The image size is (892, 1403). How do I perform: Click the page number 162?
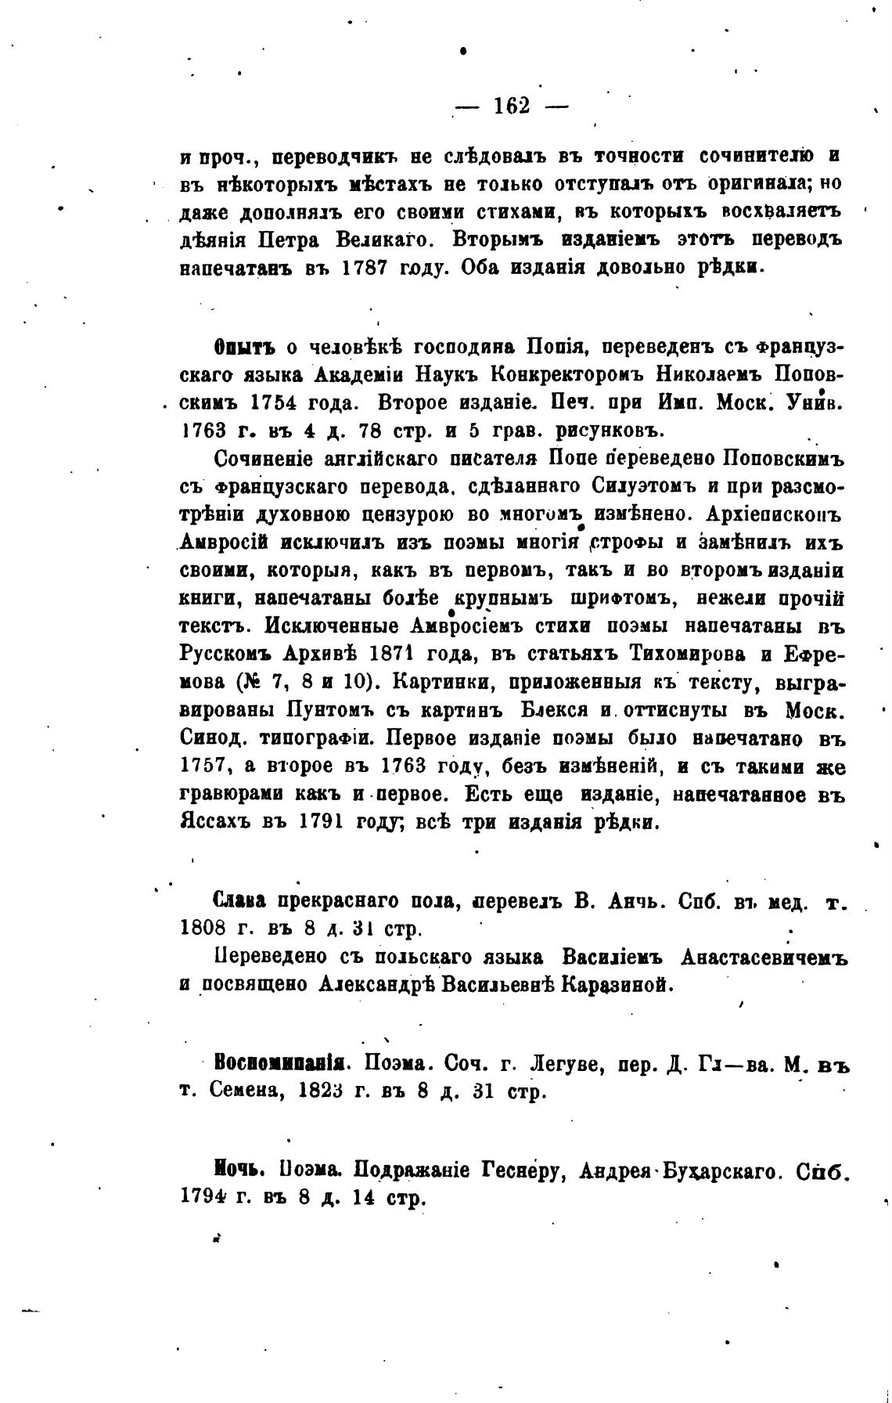513,106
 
